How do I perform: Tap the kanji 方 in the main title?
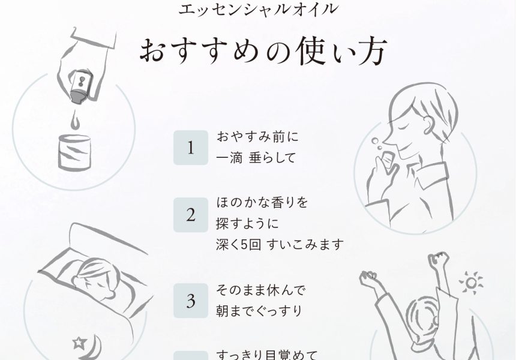click(x=371, y=52)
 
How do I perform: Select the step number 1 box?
click(x=191, y=148)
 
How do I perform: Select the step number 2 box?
click(x=191, y=215)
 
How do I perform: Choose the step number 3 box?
click(x=191, y=301)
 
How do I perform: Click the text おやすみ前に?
click(x=257, y=137)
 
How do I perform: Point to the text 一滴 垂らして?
click(x=256, y=158)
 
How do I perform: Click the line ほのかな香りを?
click(x=262, y=202)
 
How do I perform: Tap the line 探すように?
click(x=247, y=224)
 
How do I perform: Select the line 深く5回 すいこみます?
click(x=280, y=245)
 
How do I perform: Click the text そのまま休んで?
click(x=261, y=290)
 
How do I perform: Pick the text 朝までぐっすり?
click(x=259, y=311)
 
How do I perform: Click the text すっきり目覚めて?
click(x=267, y=355)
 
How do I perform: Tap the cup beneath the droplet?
click(x=74, y=152)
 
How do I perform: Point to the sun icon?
click(x=471, y=283)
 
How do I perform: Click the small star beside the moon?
click(x=79, y=343)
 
